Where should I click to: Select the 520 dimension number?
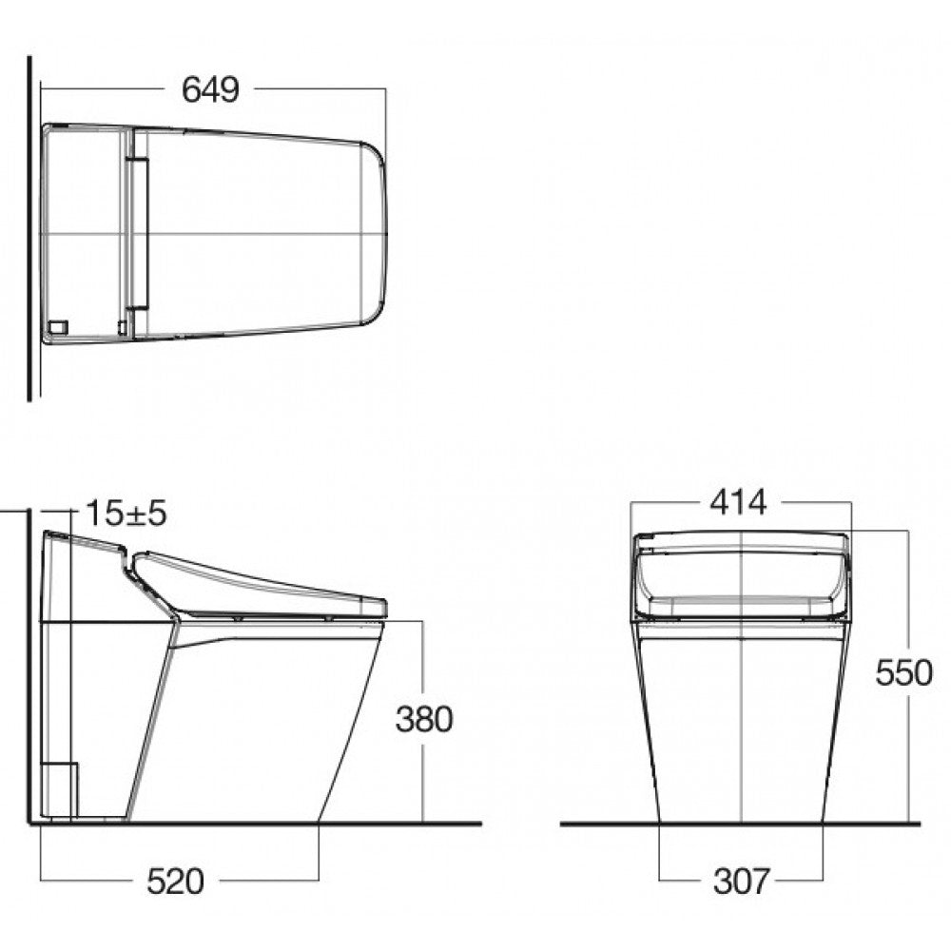[175, 882]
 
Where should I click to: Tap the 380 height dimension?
[424, 719]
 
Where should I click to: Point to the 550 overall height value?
[903, 673]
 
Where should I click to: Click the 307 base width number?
[741, 882]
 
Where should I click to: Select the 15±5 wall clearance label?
[126, 514]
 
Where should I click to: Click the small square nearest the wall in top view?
[58, 326]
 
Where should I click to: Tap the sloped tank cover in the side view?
[86, 546]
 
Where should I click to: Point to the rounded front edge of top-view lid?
[380, 233]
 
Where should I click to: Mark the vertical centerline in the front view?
[741, 723]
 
